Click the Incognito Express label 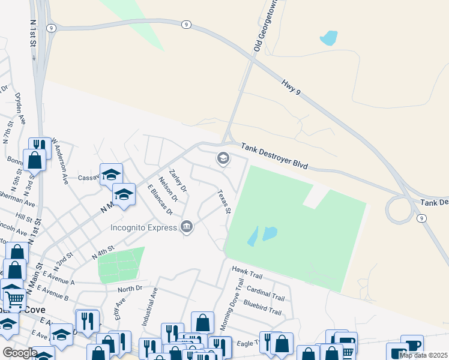click(x=143, y=227)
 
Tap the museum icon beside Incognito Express click(x=187, y=227)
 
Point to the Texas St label click(x=224, y=202)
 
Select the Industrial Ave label click(x=149, y=307)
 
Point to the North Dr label click(x=130, y=289)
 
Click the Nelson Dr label click(x=168, y=189)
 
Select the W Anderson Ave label click(x=60, y=160)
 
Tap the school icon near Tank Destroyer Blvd click(x=223, y=158)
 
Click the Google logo click(x=20, y=353)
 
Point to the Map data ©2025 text click(x=423, y=355)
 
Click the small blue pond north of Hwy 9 click(x=328, y=38)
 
